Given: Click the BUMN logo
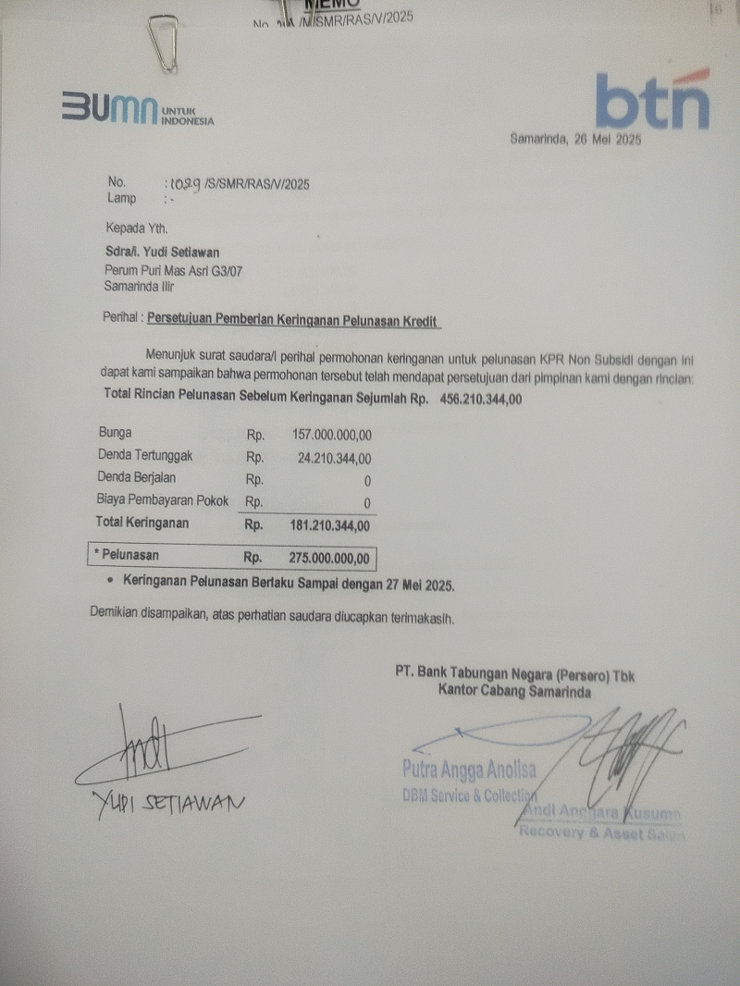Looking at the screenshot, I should pyautogui.click(x=137, y=109).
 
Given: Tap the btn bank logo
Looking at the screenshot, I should pyautogui.click(x=652, y=100).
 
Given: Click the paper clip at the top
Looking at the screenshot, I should pyautogui.click(x=164, y=43).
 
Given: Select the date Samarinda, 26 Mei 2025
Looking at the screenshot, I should pyautogui.click(x=575, y=141).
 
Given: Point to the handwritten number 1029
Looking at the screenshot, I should pyautogui.click(x=183, y=183).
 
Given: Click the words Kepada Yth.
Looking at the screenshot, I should pyautogui.click(x=135, y=228).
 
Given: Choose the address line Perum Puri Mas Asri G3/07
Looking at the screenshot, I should pyautogui.click(x=173, y=271).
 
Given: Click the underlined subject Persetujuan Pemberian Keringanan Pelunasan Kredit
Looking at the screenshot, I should pyautogui.click(x=294, y=319).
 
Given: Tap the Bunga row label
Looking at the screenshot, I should pyautogui.click(x=115, y=433).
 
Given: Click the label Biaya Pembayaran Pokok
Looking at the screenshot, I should pyautogui.click(x=163, y=500).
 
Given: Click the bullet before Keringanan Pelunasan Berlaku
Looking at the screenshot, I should pyautogui.click(x=111, y=585).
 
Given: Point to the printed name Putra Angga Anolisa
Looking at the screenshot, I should pyautogui.click(x=468, y=767).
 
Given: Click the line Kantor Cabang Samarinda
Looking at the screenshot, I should pyautogui.click(x=514, y=692).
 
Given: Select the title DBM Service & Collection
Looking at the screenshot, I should pyautogui.click(x=470, y=795).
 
